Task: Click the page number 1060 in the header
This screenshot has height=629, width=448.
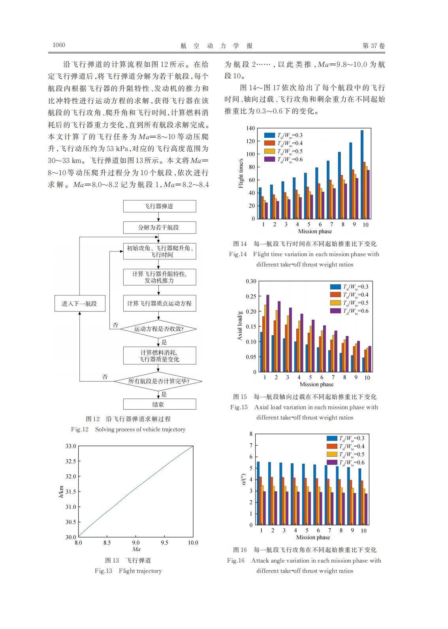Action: point(59,45)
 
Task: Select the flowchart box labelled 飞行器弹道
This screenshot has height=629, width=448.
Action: point(159,206)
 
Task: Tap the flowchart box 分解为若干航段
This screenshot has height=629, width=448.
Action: point(159,228)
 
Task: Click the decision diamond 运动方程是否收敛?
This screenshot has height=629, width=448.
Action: point(159,329)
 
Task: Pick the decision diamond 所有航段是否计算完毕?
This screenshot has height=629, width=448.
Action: point(158,382)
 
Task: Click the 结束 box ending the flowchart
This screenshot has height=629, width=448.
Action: point(159,404)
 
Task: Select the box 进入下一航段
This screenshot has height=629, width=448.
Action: point(79,304)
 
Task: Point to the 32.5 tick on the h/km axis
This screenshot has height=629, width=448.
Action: point(71,461)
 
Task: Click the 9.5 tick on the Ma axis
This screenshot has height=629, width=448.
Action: point(164,543)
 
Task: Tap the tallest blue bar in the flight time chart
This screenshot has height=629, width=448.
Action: point(362,174)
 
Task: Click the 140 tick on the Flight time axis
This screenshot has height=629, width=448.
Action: point(250,128)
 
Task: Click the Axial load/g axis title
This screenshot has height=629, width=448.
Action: point(239,326)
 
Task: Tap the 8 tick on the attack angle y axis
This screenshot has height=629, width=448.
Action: point(251,434)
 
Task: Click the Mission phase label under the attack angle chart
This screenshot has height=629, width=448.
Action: point(313,537)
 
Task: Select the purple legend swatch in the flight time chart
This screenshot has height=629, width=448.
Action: point(269,159)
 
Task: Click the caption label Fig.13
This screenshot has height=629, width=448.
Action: point(104,571)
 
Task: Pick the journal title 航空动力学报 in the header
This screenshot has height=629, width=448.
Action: point(216,46)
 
